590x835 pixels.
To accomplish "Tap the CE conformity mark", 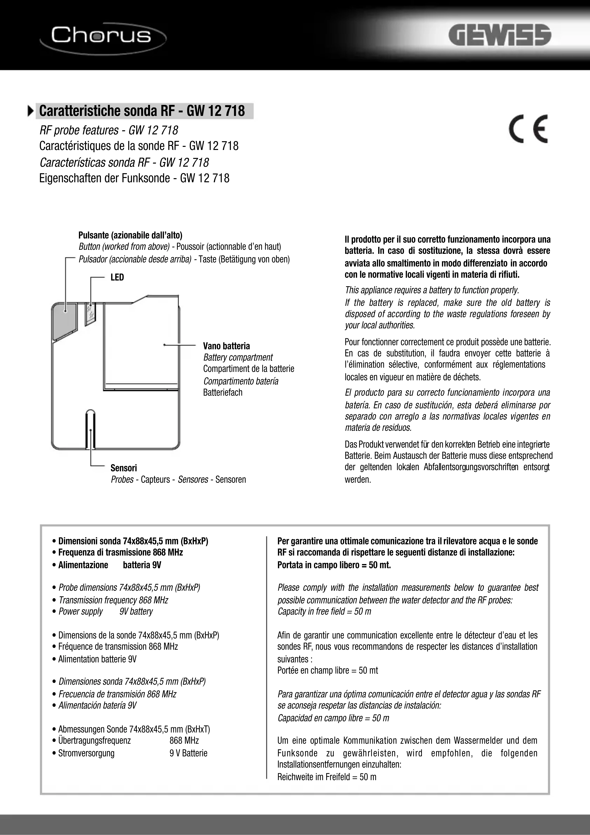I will pos(528,129).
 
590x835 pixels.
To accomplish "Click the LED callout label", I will pos(117,278).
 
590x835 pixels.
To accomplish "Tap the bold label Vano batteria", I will pos(226,346).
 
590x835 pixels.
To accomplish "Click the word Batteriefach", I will pos(223,392).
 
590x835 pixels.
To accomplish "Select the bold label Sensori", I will pos(124,468).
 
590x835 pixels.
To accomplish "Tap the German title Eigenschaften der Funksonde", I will pos(134,178).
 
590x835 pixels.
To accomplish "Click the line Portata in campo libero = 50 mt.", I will pos(334,565).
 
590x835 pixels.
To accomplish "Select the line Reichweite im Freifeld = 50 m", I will pos(327,777).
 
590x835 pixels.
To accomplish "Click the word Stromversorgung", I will pos(86,753).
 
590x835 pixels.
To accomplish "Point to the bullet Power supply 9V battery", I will pos(105,611).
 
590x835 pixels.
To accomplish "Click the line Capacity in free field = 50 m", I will pos(324,611).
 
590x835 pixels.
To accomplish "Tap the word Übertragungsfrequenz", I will pos(94,740).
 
